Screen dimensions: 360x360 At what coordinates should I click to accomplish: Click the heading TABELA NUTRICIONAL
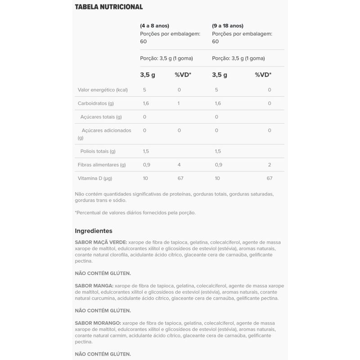(x=108, y=7)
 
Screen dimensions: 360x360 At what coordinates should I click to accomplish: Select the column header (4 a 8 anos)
(x=154, y=26)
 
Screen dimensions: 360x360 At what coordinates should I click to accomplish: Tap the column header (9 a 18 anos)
(x=227, y=26)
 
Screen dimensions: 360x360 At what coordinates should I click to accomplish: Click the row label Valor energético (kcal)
(x=103, y=90)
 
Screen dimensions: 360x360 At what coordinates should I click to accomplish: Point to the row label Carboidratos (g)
(x=96, y=103)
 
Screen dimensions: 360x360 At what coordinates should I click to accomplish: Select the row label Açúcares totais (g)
(x=101, y=117)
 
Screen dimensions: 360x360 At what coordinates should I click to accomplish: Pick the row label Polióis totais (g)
(x=98, y=151)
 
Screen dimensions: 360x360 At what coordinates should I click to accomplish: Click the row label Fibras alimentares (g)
(x=102, y=165)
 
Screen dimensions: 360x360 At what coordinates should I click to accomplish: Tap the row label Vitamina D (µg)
(x=95, y=178)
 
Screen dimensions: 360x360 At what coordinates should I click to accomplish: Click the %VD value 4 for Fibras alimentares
(x=179, y=165)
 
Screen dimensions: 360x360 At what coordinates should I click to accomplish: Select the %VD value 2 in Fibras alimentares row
(x=270, y=165)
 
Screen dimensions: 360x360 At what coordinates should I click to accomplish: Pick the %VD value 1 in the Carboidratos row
(x=179, y=103)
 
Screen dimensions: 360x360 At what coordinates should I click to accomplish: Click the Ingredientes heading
(x=93, y=230)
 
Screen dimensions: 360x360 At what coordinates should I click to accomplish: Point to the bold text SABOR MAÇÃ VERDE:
(x=101, y=242)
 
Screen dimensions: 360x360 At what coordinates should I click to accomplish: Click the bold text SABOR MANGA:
(x=94, y=285)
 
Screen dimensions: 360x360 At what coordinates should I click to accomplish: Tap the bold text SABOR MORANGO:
(x=98, y=323)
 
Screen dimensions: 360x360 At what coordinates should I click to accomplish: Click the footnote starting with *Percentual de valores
(x=135, y=212)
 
